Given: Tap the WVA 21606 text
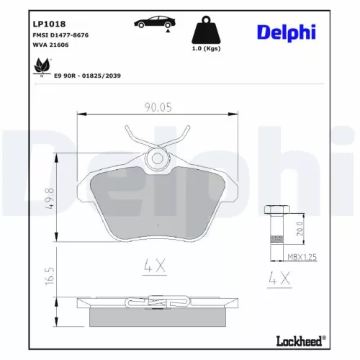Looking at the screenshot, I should [x=50, y=45].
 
